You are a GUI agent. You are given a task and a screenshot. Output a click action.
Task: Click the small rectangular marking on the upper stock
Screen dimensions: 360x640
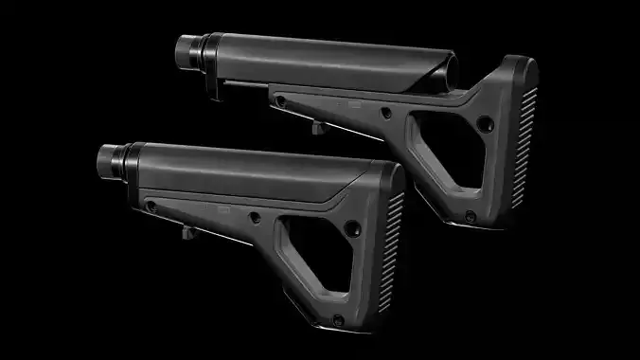pyautogui.click(x=356, y=97)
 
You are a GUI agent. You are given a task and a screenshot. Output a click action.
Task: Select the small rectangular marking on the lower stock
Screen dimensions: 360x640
pyautogui.click(x=225, y=205)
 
